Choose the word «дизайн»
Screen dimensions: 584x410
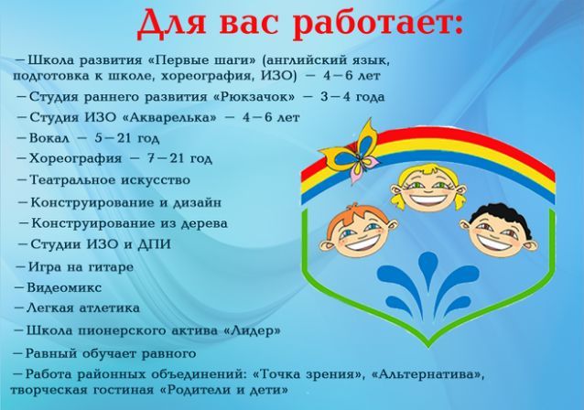[x=197, y=203]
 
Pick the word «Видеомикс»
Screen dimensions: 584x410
[x=64, y=288]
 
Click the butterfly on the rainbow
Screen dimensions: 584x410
[x=349, y=152]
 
